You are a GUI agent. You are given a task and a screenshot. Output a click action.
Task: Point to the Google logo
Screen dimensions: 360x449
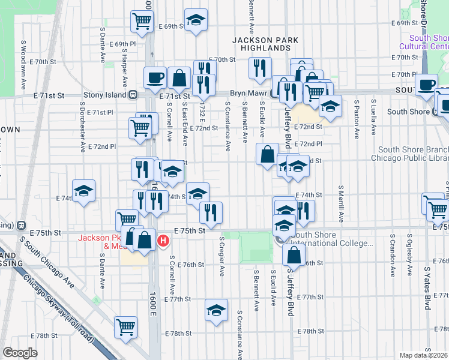pyautogui.click(x=19, y=353)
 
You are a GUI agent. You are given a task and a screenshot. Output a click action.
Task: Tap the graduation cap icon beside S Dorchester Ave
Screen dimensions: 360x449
pyautogui.click(x=83, y=191)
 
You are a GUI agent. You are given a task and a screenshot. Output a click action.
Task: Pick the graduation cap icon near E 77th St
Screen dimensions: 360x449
pyautogui.click(x=216, y=310)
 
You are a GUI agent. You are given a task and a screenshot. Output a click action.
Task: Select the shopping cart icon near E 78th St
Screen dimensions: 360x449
pyautogui.click(x=126, y=327)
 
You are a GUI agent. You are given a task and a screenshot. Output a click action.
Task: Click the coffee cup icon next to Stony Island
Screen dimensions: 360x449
pyautogui.click(x=155, y=77)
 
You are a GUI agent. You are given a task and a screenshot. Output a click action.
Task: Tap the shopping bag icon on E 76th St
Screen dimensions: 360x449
pyautogui.click(x=294, y=254)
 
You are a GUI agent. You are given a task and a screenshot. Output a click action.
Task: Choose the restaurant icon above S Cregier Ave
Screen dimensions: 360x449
pyautogui.click(x=211, y=212)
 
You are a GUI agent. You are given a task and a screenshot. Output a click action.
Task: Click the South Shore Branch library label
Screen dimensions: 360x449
pyautogui.click(x=413, y=154)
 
